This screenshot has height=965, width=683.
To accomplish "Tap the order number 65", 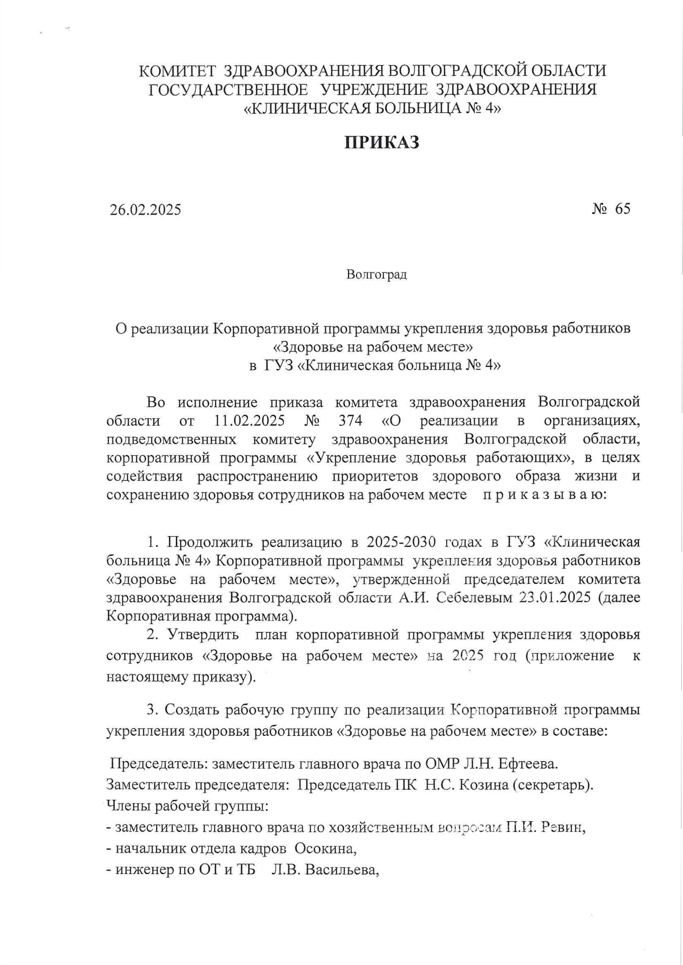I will coord(623,209).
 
